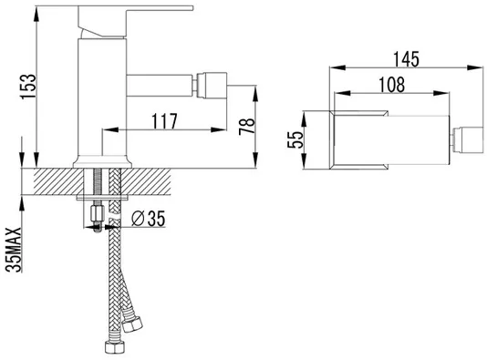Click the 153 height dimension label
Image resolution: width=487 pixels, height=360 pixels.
(28, 87)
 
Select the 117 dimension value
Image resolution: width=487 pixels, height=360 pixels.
(164, 121)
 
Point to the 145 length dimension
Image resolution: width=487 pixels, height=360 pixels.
(406, 59)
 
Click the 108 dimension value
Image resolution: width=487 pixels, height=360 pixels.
(392, 85)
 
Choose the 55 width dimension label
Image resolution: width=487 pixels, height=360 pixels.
(295, 139)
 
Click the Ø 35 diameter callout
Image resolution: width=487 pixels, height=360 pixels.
(148, 219)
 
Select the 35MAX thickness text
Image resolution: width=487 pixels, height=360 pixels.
(14, 250)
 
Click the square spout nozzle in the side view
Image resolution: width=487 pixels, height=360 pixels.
(212, 86)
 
